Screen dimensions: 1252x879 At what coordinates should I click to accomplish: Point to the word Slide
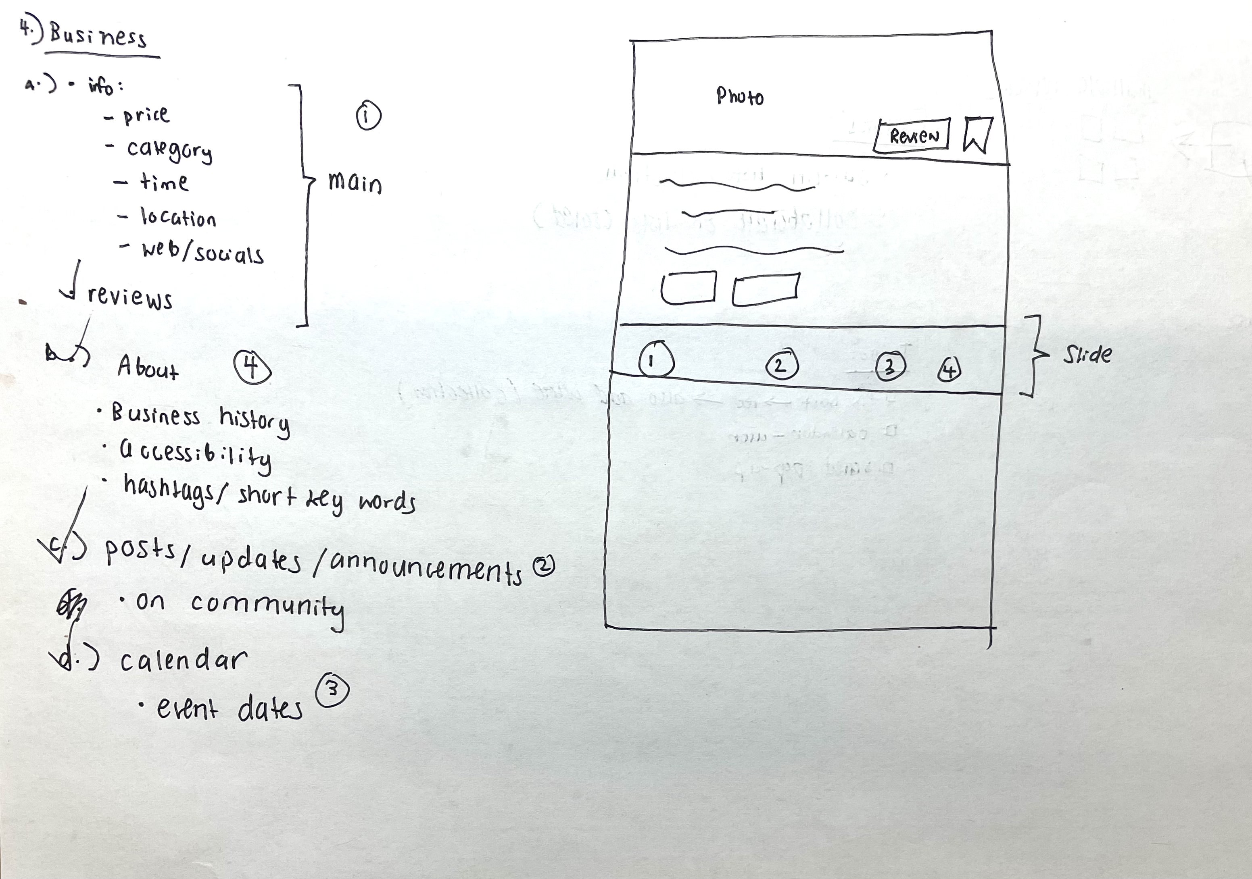pyautogui.click(x=1087, y=355)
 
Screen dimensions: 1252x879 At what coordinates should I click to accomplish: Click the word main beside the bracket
pyautogui.click(x=355, y=183)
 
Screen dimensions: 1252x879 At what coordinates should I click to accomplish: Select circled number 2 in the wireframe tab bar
pyautogui.click(x=782, y=365)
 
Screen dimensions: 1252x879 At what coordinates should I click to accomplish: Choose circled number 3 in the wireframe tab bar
pyautogui.click(x=889, y=367)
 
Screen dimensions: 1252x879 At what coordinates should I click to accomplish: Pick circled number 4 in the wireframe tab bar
pyautogui.click(x=949, y=370)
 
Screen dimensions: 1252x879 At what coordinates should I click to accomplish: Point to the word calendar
pyautogui.click(x=184, y=661)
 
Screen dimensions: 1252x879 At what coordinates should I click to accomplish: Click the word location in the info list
pyautogui.click(x=178, y=218)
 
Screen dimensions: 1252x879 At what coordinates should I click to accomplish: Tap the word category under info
pyautogui.click(x=169, y=150)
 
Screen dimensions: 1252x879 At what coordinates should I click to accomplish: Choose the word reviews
pyautogui.click(x=130, y=297)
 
